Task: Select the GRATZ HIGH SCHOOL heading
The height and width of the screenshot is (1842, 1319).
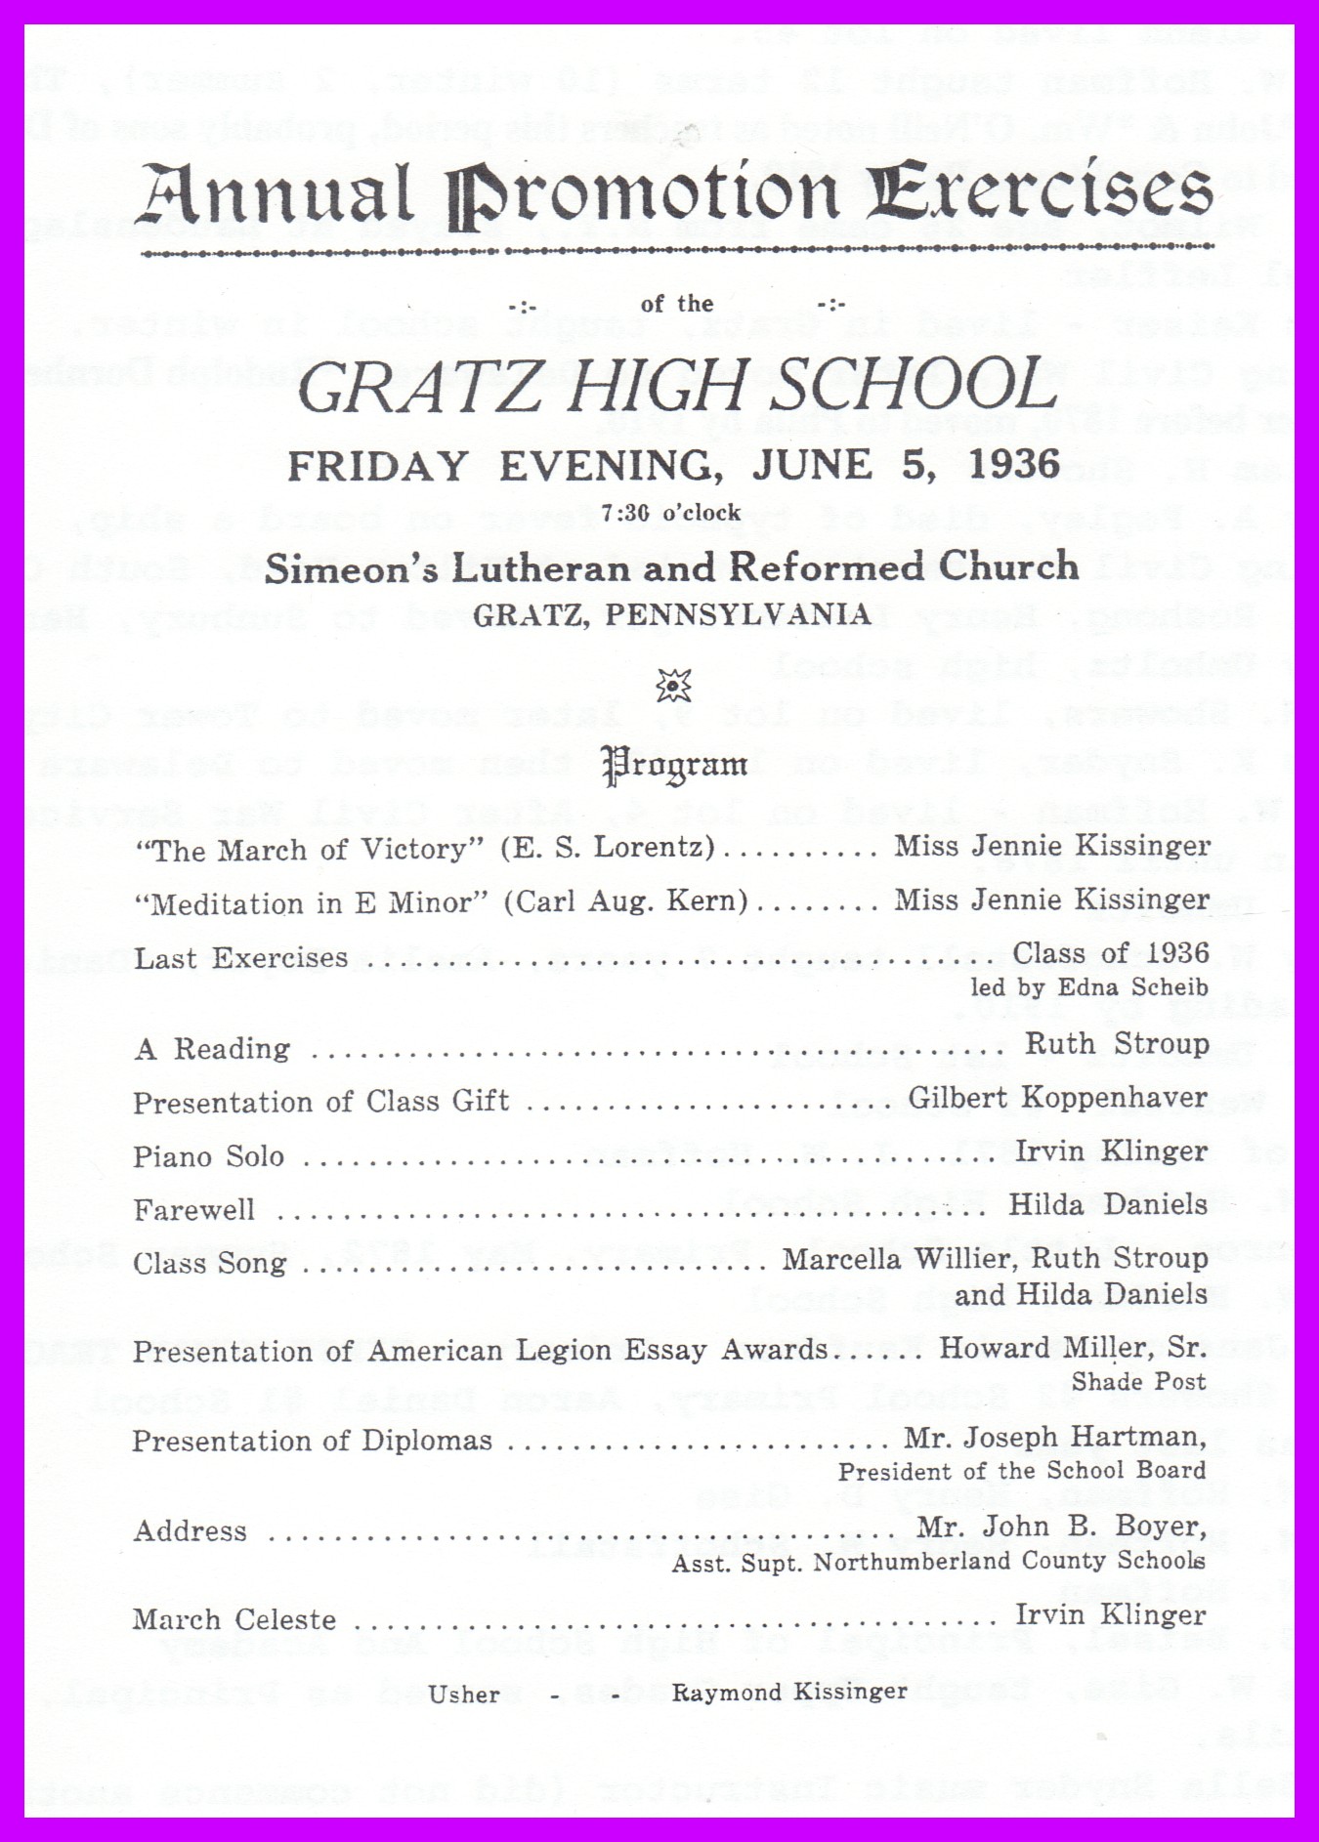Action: (x=677, y=385)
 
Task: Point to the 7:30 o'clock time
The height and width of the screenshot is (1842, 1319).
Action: (x=671, y=513)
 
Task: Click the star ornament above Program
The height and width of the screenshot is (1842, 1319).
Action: (x=674, y=686)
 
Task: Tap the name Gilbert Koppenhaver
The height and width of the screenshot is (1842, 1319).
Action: (x=1057, y=1098)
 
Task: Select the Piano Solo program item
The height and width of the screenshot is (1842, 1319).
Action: (x=208, y=1156)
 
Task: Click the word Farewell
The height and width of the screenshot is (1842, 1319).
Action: (x=193, y=1210)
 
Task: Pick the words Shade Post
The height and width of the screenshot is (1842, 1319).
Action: (x=1138, y=1382)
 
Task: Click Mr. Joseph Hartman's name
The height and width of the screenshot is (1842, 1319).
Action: (x=1055, y=1438)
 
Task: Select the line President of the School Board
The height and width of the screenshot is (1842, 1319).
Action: (x=1021, y=1471)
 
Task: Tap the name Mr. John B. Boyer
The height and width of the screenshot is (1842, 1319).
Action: (x=1061, y=1527)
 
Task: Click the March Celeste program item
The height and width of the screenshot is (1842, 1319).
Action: (x=234, y=1619)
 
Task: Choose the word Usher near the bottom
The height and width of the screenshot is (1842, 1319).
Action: (x=464, y=1694)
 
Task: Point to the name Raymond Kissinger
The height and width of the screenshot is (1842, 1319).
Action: (x=789, y=1692)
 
